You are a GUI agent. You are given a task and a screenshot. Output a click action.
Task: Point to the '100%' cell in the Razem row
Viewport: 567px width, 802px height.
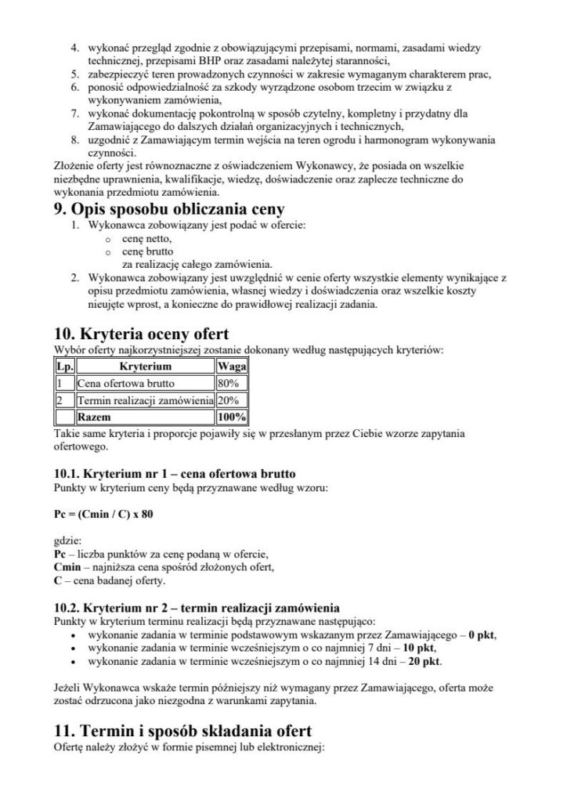(x=232, y=417)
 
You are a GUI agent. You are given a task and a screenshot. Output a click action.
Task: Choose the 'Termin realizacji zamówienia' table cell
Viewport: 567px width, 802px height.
(x=145, y=400)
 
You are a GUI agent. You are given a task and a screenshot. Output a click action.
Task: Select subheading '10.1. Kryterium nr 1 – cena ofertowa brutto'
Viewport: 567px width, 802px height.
(x=173, y=473)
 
